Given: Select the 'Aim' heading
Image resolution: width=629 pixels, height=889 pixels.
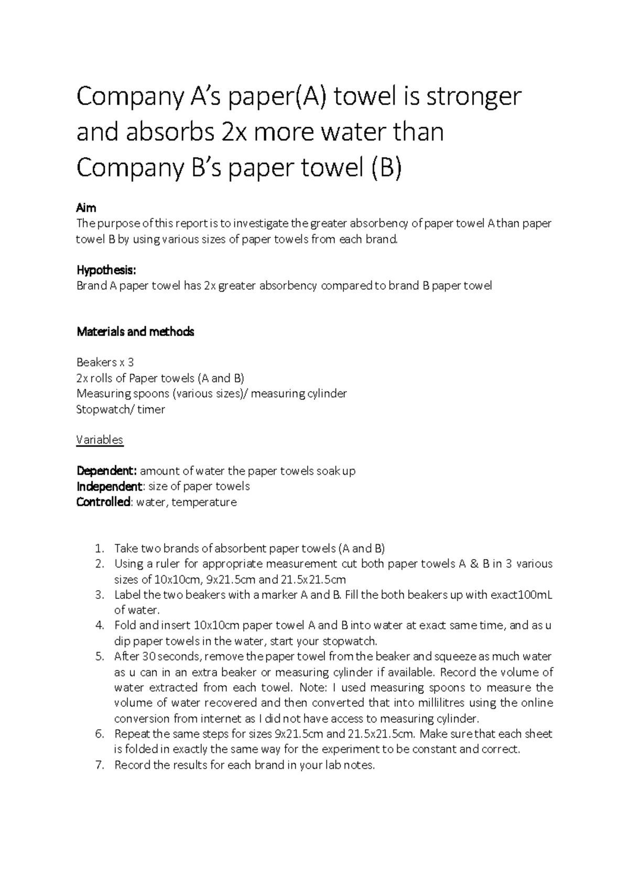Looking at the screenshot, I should coord(86,208).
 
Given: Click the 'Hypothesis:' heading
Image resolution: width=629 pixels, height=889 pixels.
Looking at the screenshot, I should coord(106,270).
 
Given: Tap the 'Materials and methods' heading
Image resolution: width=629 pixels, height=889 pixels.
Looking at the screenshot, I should coord(135,332).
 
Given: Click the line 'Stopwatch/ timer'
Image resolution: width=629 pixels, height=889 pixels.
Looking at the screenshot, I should coord(121,409).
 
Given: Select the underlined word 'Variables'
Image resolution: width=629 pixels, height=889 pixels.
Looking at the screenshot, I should coord(100,440).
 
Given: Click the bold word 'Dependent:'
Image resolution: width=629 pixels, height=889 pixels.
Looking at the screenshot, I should coord(106,471).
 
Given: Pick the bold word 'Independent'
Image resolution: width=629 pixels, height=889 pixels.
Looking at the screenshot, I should coord(109,486).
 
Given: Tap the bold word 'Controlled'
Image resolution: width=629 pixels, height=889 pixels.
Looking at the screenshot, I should coord(103,502).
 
